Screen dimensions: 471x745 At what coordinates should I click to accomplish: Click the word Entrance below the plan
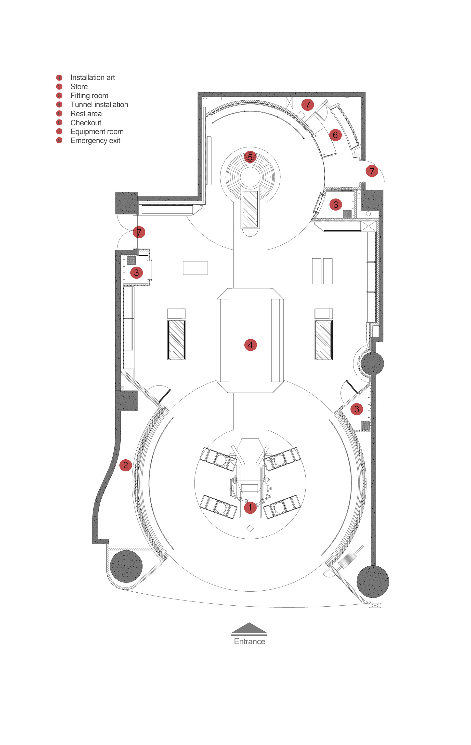click(249, 641)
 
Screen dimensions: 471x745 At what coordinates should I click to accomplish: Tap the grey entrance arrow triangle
click(249, 628)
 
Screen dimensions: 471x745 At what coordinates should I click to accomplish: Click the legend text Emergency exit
click(95, 140)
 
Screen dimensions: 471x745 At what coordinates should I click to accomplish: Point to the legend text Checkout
click(86, 122)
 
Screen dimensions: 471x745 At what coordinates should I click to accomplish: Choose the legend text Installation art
click(92, 77)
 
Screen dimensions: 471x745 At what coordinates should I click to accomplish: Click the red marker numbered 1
click(250, 507)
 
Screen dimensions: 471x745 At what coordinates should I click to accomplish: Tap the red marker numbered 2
click(126, 465)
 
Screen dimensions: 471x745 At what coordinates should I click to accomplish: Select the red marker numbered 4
click(250, 345)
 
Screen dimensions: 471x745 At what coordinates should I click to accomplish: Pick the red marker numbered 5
click(250, 157)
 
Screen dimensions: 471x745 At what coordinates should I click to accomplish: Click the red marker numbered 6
click(335, 135)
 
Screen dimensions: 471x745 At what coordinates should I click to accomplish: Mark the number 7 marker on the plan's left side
click(139, 232)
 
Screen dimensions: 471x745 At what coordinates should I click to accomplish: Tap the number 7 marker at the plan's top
click(307, 105)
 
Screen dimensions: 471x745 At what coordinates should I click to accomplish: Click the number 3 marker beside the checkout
click(336, 204)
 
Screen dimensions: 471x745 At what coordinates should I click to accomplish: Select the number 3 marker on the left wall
click(136, 273)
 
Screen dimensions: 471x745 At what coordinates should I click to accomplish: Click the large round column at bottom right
click(373, 581)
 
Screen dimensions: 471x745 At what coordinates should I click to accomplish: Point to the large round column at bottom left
click(126, 567)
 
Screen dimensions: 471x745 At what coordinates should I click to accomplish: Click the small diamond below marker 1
click(250, 528)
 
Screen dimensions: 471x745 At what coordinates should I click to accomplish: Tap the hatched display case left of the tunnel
click(176, 340)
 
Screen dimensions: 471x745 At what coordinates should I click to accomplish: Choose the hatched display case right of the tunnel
click(324, 340)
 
